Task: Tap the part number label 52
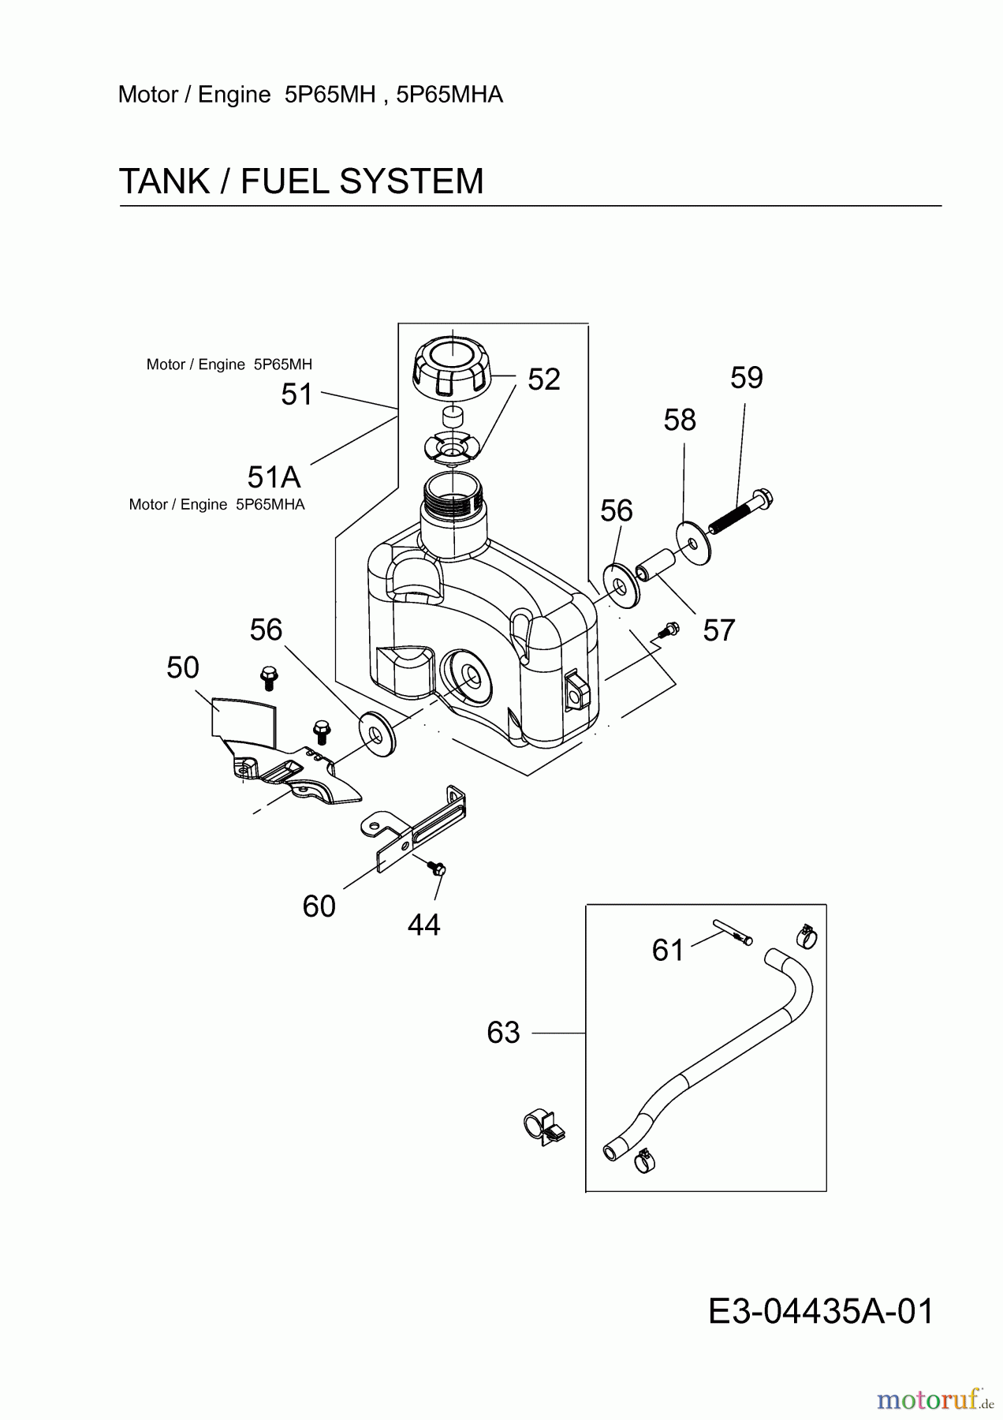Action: point(543,379)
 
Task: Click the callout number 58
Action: point(679,420)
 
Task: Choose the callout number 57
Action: point(718,630)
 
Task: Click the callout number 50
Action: point(182,668)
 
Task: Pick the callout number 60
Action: point(319,906)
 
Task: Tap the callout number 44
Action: point(423,925)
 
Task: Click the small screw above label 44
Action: point(434,867)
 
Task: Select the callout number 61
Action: point(668,951)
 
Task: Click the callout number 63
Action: point(503,1033)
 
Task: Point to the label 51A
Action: point(274,477)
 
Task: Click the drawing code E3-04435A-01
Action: point(820,1311)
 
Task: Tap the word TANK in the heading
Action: point(164,181)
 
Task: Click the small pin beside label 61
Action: point(733,931)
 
